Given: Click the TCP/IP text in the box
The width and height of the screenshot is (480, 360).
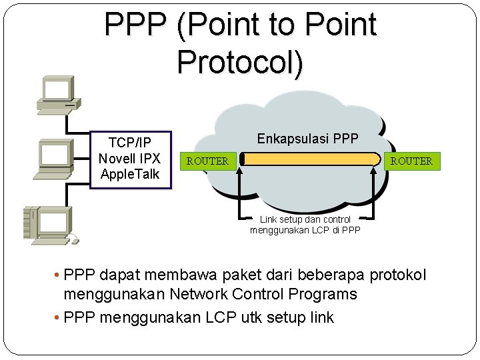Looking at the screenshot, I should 129,143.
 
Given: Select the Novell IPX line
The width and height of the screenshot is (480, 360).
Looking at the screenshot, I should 129,159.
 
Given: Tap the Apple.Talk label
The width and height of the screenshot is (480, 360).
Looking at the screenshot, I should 129,174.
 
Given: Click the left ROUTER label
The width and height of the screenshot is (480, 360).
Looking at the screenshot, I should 207,161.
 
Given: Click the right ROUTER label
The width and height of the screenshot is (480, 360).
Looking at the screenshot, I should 411,161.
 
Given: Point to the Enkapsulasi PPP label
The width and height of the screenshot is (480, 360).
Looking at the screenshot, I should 307,139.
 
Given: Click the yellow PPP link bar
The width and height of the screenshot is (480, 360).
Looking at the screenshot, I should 310,159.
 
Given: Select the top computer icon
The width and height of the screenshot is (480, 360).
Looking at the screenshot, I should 57,93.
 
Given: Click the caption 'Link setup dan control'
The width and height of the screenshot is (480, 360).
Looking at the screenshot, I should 305,219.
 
